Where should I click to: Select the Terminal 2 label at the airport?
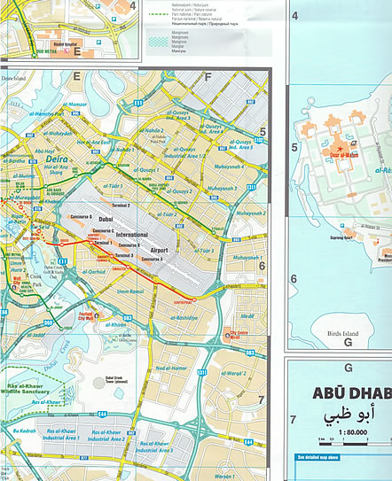pos(117,205)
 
